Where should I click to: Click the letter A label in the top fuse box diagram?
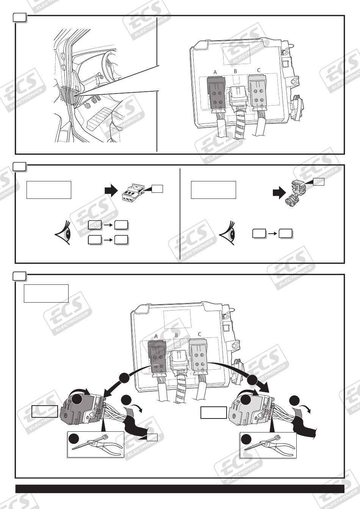pos(215,72)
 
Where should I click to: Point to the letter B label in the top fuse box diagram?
pos(235,71)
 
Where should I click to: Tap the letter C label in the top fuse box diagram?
pos(258,70)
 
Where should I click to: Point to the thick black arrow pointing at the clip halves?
pos(279,194)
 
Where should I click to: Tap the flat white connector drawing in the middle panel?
pos(133,192)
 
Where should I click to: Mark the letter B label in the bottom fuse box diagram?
pos(176,335)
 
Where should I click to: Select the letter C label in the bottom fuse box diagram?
pos(199,334)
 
